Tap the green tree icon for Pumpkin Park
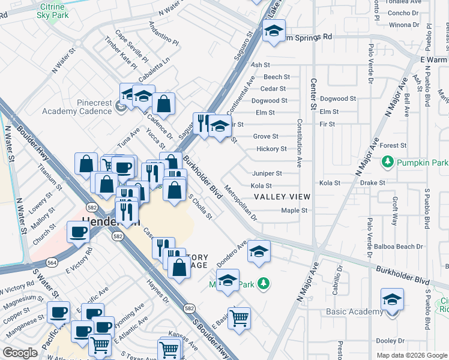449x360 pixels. tap(388, 162)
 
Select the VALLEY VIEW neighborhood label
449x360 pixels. tap(282, 197)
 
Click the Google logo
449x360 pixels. tap(20, 353)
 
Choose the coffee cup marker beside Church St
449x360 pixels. tap(77, 232)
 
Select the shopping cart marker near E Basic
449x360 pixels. tap(239, 317)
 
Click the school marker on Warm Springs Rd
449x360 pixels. tap(274, 31)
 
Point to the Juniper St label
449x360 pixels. tap(267, 173)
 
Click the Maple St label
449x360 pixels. tap(294, 211)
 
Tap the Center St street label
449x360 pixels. tap(313, 93)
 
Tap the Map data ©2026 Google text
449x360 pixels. tap(411, 355)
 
